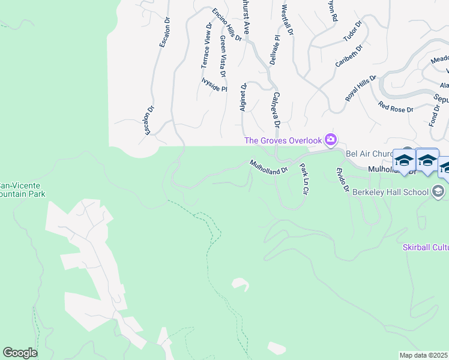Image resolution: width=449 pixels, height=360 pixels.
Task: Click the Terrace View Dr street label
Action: [205, 45]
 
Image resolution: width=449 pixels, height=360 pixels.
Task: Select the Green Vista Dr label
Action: [223, 56]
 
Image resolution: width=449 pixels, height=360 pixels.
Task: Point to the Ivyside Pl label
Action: [214, 85]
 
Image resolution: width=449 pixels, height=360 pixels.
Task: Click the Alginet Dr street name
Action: [244, 96]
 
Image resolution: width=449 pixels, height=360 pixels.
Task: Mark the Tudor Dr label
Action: [353, 32]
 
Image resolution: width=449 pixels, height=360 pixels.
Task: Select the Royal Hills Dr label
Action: [360, 88]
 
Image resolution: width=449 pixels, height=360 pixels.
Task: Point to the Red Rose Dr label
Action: [396, 107]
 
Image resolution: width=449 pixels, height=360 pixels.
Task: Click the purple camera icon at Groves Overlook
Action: [330, 140]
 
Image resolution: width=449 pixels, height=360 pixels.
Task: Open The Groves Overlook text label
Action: [283, 140]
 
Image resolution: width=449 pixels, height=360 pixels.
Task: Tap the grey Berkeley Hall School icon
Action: [438, 191]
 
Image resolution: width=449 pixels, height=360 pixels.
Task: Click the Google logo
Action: [20, 353]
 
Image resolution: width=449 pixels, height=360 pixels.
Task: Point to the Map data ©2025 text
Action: [424, 355]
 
